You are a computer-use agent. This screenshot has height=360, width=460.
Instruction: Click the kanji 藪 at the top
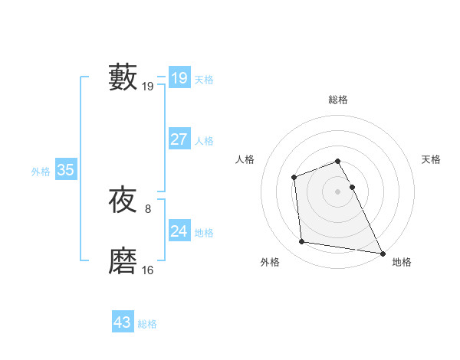(123, 77)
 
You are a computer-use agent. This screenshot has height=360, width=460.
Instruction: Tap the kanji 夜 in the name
(123, 201)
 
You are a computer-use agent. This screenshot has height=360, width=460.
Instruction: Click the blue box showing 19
(179, 77)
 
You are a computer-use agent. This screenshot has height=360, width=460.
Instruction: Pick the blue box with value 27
(179, 139)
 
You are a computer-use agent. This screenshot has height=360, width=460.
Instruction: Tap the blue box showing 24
(179, 231)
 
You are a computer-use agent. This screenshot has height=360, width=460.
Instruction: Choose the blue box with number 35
(65, 170)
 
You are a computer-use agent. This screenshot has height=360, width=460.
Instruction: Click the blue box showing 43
(122, 322)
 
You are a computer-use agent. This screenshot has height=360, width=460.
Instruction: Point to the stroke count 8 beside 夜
(148, 208)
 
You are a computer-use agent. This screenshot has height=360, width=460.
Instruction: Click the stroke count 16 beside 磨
(148, 270)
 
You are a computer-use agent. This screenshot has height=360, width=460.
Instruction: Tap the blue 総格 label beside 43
(147, 324)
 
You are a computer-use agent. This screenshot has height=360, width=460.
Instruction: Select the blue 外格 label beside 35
(41, 172)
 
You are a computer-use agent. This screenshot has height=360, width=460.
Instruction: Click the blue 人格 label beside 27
(204, 141)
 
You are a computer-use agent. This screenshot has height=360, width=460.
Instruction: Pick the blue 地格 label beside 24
(204, 233)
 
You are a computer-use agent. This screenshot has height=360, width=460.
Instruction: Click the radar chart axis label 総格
(338, 100)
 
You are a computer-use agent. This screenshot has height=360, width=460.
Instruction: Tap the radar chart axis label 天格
(432, 159)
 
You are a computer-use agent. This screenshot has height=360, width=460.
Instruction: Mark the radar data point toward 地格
(383, 253)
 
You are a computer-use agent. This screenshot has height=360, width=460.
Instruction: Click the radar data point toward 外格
(302, 242)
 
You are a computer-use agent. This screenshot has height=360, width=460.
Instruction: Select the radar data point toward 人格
(294, 178)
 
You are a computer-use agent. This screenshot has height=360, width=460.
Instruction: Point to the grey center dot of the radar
(337, 191)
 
